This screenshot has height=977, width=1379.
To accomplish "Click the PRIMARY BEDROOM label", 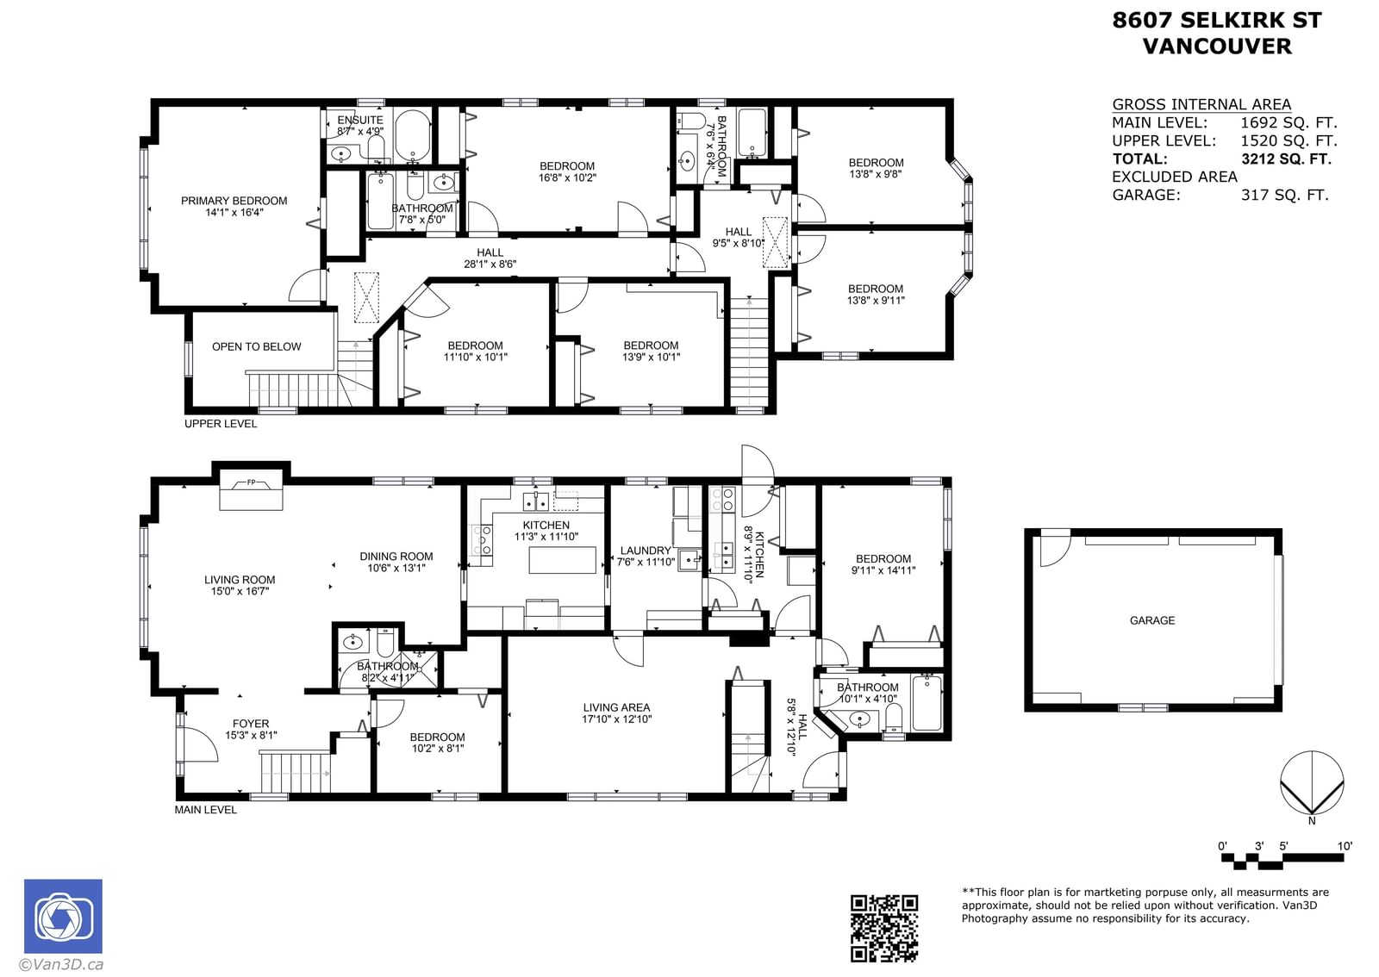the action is [x=234, y=201].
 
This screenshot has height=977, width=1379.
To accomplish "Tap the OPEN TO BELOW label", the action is [x=257, y=347].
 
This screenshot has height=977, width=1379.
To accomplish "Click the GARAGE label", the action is [x=1151, y=621].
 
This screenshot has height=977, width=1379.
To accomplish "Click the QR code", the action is [x=884, y=928].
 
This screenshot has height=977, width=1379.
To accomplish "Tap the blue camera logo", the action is [x=64, y=916].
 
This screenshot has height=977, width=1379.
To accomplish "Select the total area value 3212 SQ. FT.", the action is [x=1286, y=159].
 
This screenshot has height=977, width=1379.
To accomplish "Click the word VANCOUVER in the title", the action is [x=1217, y=47].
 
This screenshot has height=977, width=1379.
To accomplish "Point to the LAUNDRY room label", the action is [x=646, y=551].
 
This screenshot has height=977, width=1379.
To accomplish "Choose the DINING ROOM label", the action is [x=396, y=557].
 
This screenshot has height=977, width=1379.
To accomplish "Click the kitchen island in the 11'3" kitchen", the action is [x=562, y=560].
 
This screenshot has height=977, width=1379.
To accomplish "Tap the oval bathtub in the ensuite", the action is [x=413, y=134].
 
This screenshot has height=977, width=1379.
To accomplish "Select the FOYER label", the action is [x=251, y=724].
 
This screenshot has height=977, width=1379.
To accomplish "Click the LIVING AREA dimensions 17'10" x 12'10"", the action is [x=617, y=719].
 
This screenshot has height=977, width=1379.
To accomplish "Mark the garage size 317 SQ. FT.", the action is [x=1285, y=195].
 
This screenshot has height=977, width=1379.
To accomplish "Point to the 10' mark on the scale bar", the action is [x=1345, y=846].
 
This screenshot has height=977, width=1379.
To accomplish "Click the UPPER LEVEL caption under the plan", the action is [x=221, y=424].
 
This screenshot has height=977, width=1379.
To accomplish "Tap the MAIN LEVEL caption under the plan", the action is [x=206, y=810].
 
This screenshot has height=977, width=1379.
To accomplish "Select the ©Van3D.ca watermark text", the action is [x=61, y=964].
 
